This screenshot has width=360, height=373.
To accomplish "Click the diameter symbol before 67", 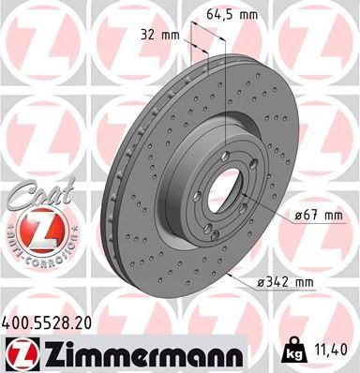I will pyautogui.click(x=296, y=217).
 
